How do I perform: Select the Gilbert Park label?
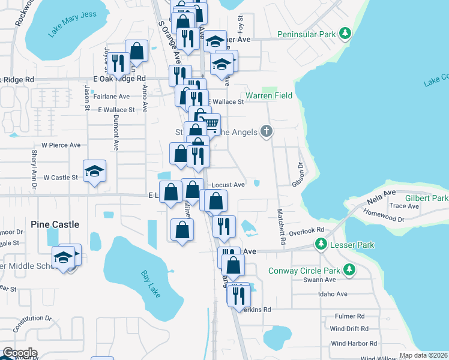(427, 198)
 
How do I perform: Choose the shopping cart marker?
(209, 124)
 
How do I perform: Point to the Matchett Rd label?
(279, 222)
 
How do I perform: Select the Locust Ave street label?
(228, 185)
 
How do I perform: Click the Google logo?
(20, 353)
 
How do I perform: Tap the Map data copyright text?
(423, 355)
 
